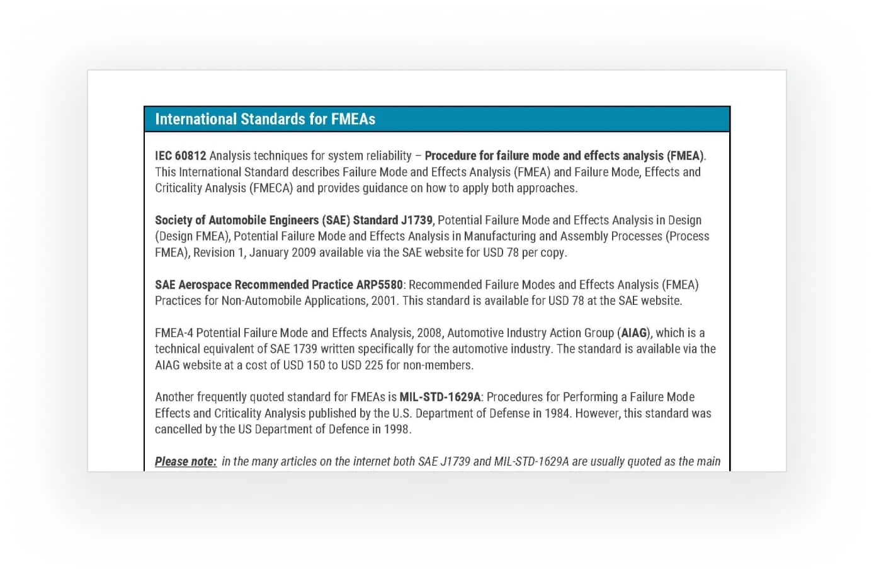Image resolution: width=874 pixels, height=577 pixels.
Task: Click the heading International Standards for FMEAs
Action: [x=265, y=119]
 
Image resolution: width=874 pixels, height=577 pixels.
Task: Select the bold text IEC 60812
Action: [x=180, y=156]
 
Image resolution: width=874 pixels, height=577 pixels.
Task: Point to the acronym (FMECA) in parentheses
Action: [x=271, y=188]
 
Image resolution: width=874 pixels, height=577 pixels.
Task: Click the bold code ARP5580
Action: [x=379, y=285]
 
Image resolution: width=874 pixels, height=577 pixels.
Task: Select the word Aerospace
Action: [x=205, y=285]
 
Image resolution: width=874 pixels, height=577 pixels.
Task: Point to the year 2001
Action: [x=383, y=300]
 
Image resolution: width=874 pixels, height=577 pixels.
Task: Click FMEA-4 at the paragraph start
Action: [x=174, y=333]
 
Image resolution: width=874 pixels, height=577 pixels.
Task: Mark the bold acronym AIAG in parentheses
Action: [x=634, y=333]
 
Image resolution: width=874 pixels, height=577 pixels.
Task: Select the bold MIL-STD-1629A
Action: [x=440, y=397]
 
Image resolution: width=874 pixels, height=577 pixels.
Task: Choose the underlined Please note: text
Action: [x=186, y=461]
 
